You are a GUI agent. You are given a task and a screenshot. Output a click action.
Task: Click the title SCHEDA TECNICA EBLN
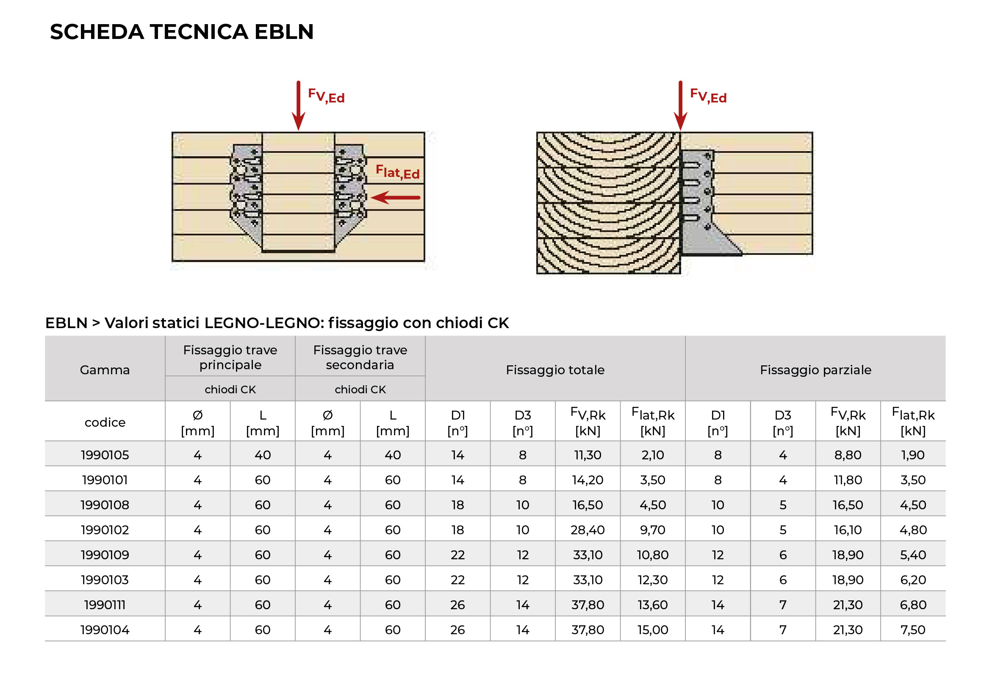tap(182, 32)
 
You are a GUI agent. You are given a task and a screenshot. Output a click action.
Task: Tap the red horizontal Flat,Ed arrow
tap(395, 197)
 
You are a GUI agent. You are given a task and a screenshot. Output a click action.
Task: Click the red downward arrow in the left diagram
tap(299, 105)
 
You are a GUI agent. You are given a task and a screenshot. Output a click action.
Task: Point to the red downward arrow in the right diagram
tap(680, 105)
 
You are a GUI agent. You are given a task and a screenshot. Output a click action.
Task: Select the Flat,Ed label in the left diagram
tap(397, 172)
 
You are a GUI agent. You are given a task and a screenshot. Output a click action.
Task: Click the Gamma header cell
tap(105, 370)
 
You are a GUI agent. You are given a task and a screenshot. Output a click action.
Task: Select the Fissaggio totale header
tap(555, 370)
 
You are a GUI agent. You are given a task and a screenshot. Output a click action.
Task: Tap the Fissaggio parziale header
tap(816, 370)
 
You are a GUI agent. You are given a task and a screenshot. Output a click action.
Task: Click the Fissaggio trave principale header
tap(230, 357)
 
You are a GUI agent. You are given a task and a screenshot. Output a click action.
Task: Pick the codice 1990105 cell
tap(105, 455)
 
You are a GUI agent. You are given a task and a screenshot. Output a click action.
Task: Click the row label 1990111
tap(105, 605)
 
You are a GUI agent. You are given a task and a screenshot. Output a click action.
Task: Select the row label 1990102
tap(105, 530)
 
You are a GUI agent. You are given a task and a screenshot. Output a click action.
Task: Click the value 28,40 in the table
tap(588, 530)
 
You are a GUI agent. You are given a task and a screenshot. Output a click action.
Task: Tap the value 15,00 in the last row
tap(653, 630)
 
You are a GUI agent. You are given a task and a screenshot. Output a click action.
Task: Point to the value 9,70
tap(653, 530)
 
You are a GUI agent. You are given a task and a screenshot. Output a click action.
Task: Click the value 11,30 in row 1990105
tap(588, 455)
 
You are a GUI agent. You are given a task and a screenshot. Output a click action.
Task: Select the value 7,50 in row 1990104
tap(913, 630)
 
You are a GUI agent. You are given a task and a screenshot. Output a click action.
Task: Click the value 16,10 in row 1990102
tap(848, 530)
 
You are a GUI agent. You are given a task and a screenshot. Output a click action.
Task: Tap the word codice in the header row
tap(105, 423)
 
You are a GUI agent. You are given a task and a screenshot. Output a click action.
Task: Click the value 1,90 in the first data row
tap(913, 455)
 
